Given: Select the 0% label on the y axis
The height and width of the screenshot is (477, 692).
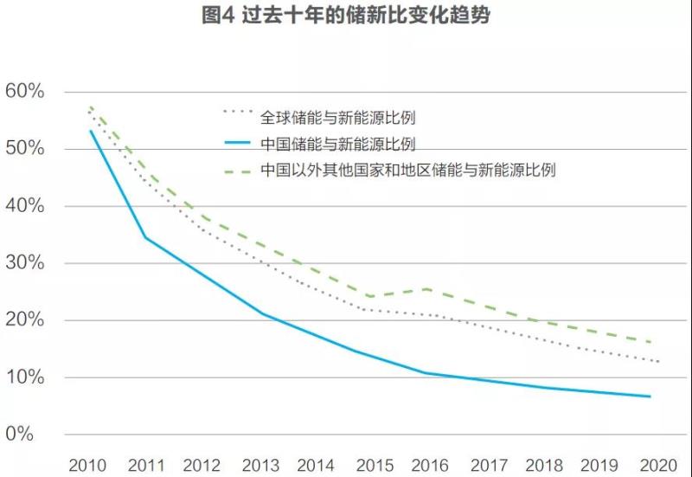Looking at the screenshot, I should (29, 433).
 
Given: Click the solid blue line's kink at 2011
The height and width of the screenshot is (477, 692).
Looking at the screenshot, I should (144, 237).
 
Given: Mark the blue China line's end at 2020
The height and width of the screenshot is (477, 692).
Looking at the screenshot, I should (650, 396).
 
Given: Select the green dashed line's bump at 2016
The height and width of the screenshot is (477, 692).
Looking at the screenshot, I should (426, 289).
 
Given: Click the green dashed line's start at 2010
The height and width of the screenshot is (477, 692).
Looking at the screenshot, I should (90, 107).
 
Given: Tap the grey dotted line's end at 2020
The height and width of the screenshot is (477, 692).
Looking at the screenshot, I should (659, 361).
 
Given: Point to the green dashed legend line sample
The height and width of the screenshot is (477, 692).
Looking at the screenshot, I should (237, 171).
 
